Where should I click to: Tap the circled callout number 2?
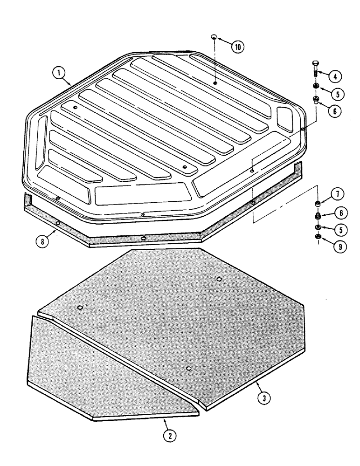coord(170,435)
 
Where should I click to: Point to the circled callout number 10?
coord(238,47)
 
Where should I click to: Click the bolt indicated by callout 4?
coord(315,70)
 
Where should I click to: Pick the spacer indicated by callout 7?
coord(318,204)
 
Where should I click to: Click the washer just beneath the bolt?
coord(316,87)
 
